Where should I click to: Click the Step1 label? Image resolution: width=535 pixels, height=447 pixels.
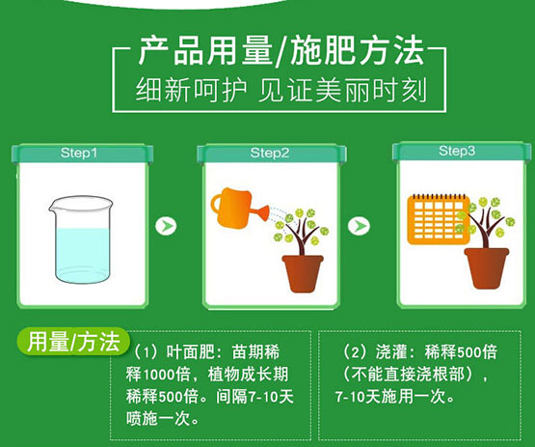(x=79, y=153)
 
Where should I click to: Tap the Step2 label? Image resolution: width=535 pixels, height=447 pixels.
(x=270, y=153)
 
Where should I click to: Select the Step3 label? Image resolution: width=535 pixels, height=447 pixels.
(x=457, y=151)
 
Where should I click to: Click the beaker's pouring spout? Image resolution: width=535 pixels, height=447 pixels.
(x=52, y=207)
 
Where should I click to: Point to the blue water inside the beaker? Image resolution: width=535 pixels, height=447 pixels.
(x=83, y=255)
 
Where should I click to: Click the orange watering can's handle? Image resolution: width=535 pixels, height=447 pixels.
(x=216, y=204)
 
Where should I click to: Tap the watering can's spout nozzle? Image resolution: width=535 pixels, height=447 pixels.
(x=263, y=212)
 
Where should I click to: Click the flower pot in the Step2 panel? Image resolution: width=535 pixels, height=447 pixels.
(x=303, y=273)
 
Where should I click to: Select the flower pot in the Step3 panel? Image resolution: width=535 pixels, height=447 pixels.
(x=487, y=268)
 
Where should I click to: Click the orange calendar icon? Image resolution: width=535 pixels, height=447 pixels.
(x=439, y=219)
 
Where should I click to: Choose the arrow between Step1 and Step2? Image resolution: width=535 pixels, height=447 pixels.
(x=166, y=226)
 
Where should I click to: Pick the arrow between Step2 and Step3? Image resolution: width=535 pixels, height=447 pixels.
(x=359, y=226)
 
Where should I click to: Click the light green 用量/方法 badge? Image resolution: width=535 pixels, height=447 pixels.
(x=73, y=342)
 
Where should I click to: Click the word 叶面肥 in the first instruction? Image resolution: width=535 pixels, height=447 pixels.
(x=189, y=352)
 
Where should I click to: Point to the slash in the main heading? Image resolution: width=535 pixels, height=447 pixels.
(x=281, y=52)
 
